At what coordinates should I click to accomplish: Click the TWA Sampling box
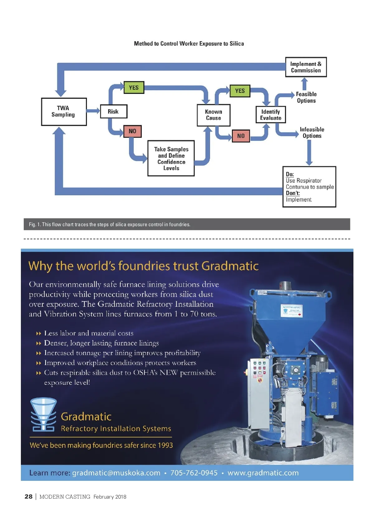(64, 112)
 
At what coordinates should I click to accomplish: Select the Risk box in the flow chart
(113, 111)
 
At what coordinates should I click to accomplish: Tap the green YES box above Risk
(134, 87)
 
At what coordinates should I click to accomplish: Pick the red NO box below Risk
(132, 131)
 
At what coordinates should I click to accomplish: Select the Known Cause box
(213, 115)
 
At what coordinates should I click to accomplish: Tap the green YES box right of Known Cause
(240, 91)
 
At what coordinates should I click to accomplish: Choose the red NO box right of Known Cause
(241, 136)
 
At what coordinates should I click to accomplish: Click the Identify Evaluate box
(271, 115)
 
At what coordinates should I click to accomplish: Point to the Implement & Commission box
(306, 67)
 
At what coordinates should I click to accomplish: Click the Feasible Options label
(306, 97)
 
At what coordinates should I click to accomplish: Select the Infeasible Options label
(312, 133)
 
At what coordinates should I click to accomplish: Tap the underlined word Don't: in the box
(293, 193)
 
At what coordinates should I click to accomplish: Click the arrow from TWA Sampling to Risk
(93, 111)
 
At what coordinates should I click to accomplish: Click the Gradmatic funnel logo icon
(43, 414)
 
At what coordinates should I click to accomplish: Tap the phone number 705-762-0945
(194, 473)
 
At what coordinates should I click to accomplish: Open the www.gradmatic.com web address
(263, 473)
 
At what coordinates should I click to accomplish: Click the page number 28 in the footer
(29, 497)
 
